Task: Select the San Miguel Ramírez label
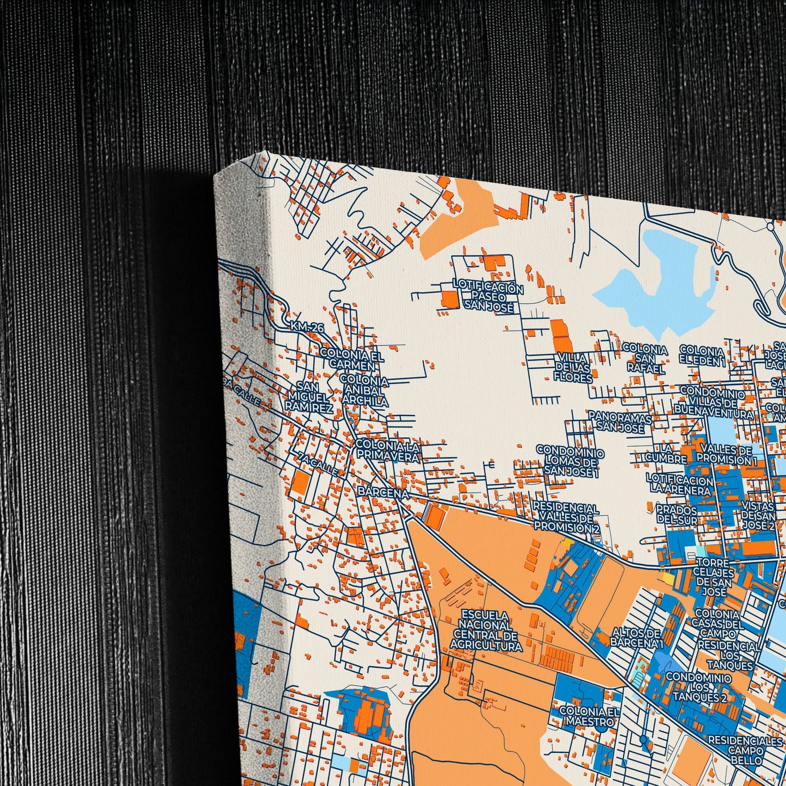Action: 308,397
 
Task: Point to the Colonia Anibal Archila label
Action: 364,391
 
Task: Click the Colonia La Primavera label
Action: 387,451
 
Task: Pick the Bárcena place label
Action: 383,493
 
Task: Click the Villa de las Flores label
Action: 574,367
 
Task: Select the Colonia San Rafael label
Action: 645,358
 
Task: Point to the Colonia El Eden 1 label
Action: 702,355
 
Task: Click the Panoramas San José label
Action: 620,422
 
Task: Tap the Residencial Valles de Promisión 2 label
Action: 566,517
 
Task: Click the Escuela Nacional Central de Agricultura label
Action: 486,630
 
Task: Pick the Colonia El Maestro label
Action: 590,716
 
